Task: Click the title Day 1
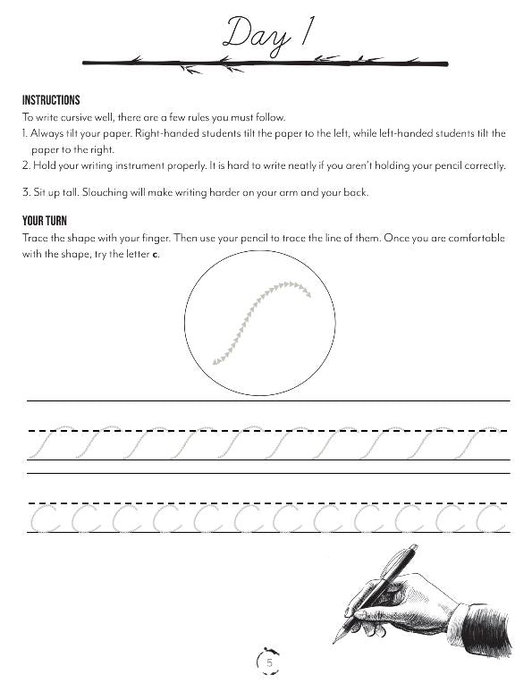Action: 266,34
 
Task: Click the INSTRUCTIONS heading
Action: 51,100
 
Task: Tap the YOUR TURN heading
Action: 45,221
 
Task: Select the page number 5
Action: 268,662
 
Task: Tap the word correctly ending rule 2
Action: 483,164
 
